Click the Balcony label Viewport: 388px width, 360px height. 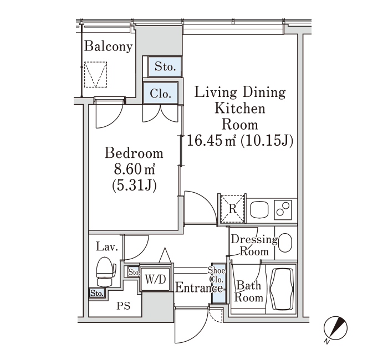(109, 47)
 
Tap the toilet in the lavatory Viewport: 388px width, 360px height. (106, 272)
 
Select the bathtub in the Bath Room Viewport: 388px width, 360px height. (282, 288)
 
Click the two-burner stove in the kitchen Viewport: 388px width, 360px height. (283, 210)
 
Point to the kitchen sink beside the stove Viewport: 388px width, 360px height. (259, 210)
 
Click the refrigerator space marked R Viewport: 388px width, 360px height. (233, 209)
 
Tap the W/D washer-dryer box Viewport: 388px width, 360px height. (155, 279)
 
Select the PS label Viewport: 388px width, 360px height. (124, 306)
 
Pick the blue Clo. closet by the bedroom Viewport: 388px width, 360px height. (160, 92)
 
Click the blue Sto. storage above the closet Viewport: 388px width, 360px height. (165, 67)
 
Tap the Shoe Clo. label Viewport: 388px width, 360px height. (217, 275)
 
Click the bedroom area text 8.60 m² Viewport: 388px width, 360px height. (134, 170)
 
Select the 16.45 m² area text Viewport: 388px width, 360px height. (211, 141)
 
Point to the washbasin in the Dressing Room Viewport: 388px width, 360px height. (285, 243)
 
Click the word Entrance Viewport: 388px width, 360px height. (199, 288)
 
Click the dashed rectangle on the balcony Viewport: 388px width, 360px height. (95, 74)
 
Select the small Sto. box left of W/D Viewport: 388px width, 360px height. (134, 272)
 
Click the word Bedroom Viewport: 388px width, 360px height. (134, 153)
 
